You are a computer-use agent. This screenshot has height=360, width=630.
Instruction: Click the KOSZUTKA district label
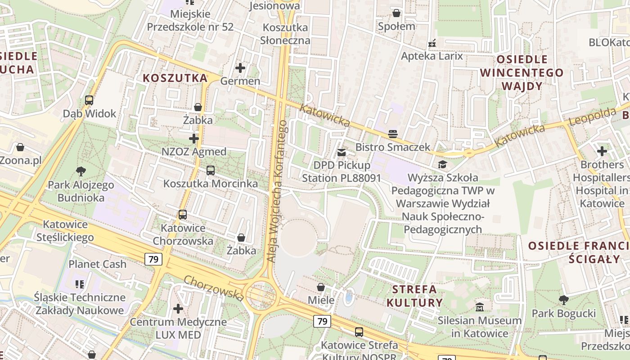175,78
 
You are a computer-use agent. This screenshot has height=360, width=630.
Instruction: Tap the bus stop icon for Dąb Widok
89,100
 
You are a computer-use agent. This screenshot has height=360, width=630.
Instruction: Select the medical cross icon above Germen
240,68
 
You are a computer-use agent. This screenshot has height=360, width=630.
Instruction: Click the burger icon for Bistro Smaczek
393,134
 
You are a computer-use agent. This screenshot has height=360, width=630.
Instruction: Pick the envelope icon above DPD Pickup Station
342,153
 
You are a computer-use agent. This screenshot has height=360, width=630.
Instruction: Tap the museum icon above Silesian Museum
480,307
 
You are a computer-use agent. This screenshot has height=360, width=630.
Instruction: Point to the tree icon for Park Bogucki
563,300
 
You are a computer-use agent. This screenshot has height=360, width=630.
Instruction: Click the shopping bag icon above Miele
321,287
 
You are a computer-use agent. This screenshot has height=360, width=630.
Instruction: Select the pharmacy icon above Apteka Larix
432,44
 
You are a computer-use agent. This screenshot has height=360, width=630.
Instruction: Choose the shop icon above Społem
396,13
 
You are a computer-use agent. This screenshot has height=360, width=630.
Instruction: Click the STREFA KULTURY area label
415,296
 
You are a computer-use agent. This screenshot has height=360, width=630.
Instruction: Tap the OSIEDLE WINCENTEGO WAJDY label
522,72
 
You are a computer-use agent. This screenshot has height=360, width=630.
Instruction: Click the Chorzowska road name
214,288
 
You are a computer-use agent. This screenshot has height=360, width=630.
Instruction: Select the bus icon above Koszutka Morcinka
210,171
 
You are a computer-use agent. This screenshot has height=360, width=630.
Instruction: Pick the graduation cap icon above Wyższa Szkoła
442,165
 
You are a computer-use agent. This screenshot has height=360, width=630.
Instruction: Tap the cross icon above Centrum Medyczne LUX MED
178,309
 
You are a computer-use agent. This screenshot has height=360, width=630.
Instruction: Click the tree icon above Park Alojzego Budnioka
81,171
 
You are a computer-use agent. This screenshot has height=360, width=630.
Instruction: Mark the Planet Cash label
97,264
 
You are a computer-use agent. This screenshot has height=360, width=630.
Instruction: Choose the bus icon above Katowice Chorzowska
182,215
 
